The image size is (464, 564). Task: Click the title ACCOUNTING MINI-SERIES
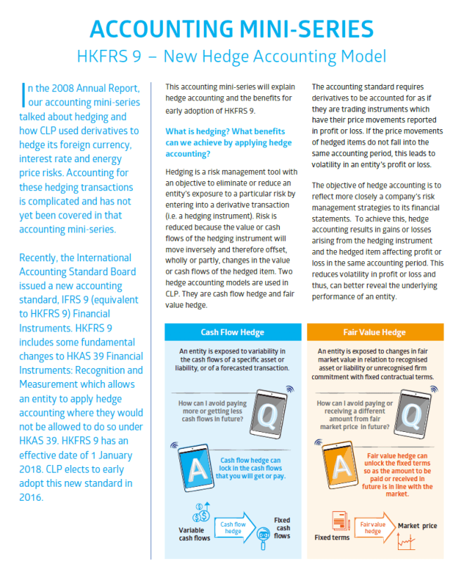tap(231, 27)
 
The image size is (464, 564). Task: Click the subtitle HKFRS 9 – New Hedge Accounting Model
tap(231, 55)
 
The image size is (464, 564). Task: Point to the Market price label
tap(422, 525)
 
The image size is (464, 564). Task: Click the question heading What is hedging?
tap(228, 137)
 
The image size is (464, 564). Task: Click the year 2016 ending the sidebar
tap(33, 497)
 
